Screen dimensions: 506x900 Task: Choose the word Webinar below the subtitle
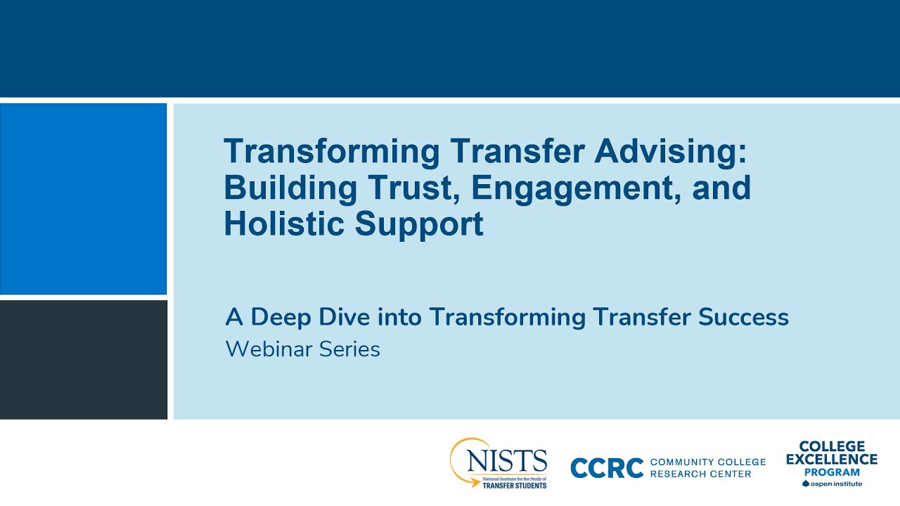click(x=269, y=349)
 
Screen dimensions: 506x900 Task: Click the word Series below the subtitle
click(x=349, y=349)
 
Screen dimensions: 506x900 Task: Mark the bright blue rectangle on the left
click(x=83, y=198)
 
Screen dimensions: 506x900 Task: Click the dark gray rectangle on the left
click(x=83, y=359)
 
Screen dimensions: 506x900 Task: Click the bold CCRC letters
click(x=607, y=468)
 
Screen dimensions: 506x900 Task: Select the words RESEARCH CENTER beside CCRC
click(x=700, y=474)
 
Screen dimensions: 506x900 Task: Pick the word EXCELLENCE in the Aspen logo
click(x=831, y=460)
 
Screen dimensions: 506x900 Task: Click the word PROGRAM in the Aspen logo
click(x=832, y=472)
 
